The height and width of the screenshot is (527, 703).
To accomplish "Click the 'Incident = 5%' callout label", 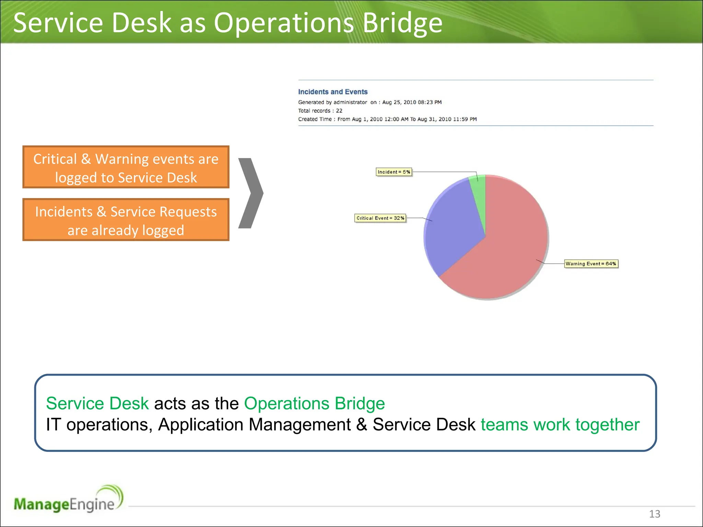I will tap(394, 172).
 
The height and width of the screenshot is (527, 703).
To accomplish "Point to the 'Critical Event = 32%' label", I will tap(380, 218).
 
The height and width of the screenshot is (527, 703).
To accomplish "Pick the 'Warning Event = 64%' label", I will tap(591, 264).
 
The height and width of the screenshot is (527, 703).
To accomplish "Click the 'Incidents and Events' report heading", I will tap(333, 92).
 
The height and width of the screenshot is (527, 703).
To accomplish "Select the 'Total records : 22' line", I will tap(320, 111).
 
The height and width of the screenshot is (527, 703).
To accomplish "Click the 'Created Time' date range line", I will tap(387, 119).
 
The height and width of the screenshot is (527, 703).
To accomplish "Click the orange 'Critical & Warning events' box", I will tap(126, 167).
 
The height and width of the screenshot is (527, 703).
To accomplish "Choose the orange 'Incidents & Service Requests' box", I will tap(126, 220).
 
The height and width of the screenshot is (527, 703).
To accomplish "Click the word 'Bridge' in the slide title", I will tap(402, 23).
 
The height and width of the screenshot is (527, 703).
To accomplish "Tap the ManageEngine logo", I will tap(68, 500).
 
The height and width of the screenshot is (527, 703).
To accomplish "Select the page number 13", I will tap(654, 514).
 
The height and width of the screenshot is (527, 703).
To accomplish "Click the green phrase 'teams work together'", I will tap(560, 425).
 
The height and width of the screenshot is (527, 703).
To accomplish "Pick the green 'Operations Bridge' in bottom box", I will tap(314, 403).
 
